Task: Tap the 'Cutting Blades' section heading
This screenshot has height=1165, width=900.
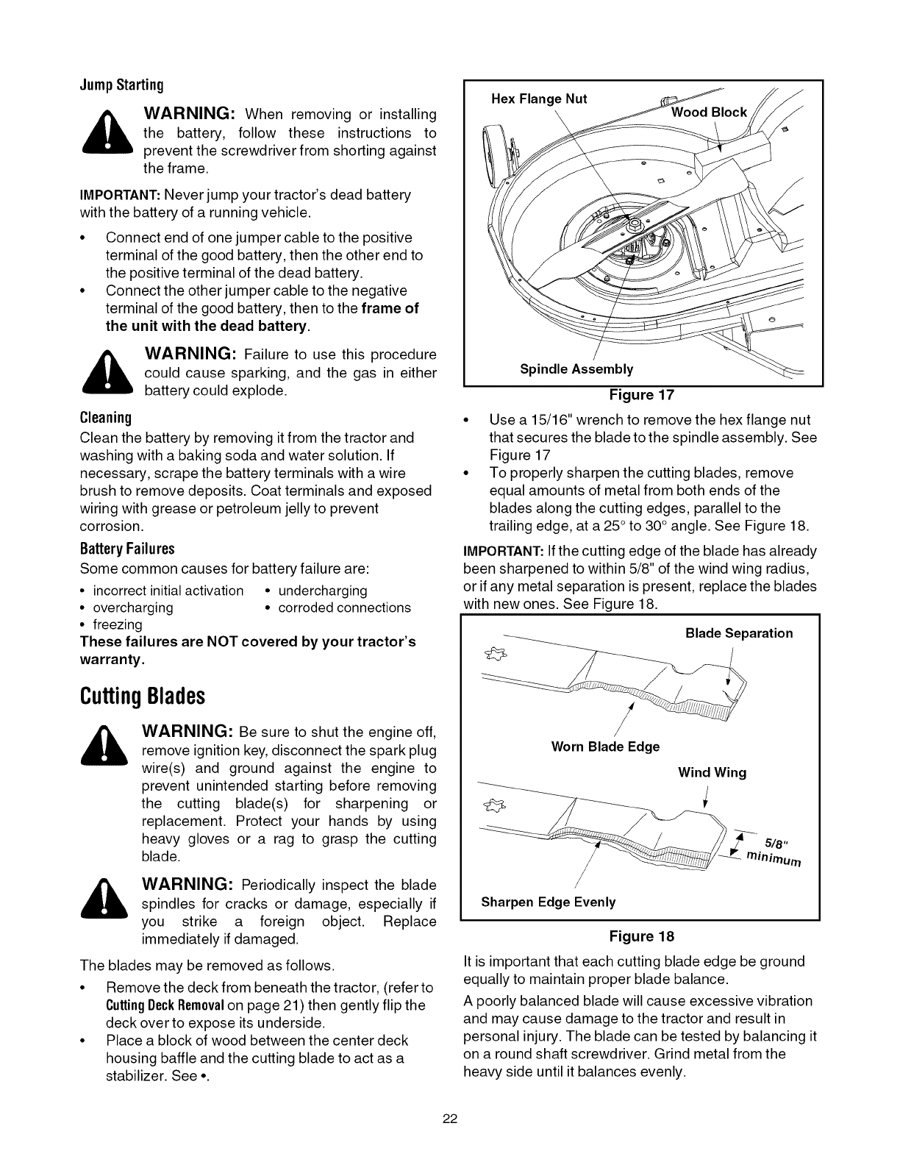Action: pos(141,695)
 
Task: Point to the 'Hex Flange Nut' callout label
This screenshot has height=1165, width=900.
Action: pos(538,99)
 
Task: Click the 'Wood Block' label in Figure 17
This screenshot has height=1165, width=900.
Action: pos(709,112)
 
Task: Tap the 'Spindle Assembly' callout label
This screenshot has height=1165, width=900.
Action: pos(576,368)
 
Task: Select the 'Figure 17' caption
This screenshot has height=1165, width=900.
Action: pos(641,395)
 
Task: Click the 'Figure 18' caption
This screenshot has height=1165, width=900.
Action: pos(641,936)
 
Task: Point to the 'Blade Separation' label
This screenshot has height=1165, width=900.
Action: pos(738,633)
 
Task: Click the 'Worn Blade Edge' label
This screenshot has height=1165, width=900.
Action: pos(604,747)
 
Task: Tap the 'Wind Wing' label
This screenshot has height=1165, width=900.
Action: pos(711,772)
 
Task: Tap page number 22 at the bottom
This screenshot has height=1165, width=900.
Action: pos(450,1120)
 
